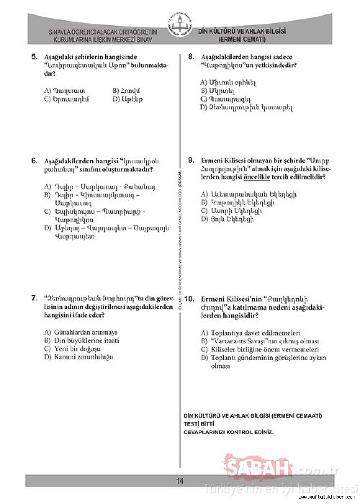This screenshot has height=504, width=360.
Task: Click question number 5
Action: tap(34, 57)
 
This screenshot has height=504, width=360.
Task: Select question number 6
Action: tap(34, 161)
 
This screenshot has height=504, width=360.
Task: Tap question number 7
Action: tap(34, 298)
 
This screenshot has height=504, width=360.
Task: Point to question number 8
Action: tap(191, 57)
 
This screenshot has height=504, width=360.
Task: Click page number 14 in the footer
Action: tap(180, 481)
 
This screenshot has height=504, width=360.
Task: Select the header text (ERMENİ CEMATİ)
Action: tap(242, 40)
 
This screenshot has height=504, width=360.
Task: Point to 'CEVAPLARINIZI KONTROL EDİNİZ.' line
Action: tap(229, 432)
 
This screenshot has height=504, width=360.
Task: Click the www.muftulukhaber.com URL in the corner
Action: tap(321, 497)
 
